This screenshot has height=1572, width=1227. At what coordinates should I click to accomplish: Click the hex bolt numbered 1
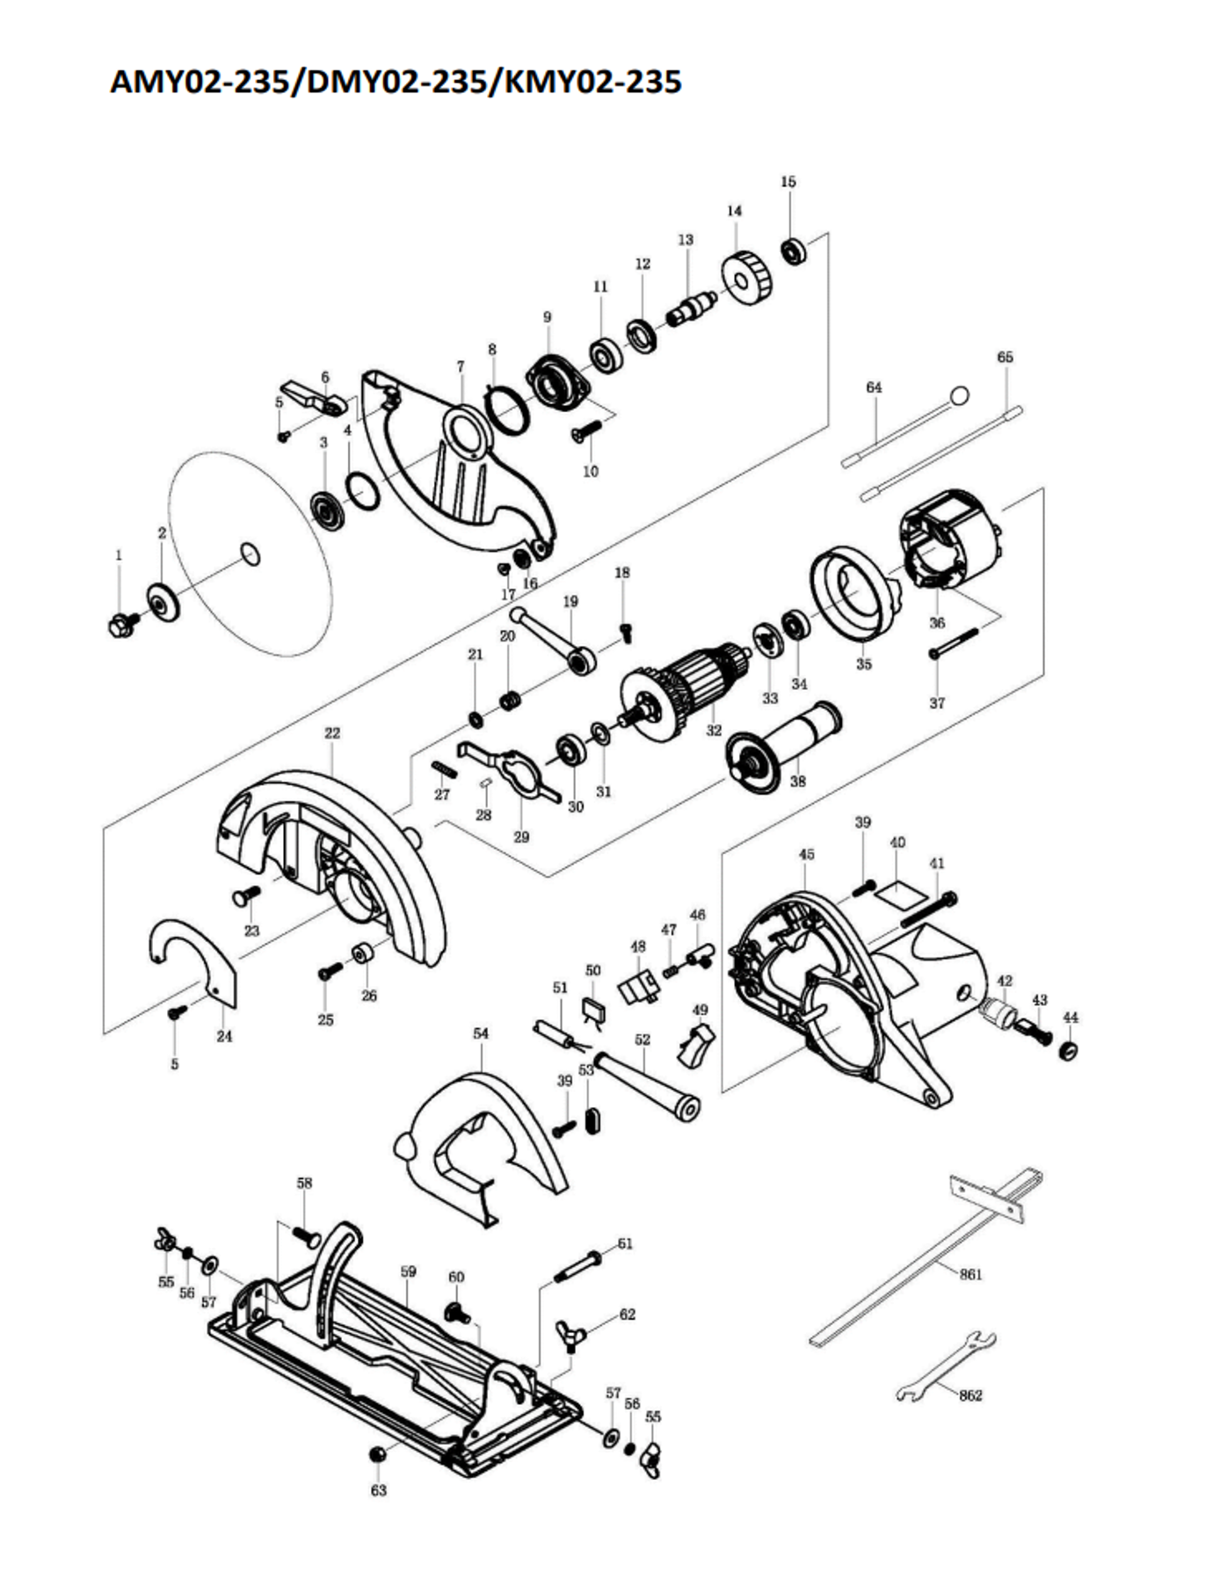120,625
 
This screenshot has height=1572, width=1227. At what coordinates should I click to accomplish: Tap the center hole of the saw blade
250,554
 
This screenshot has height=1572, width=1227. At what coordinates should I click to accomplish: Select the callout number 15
788,182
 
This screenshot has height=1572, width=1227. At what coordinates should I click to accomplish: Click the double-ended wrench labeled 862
945,1367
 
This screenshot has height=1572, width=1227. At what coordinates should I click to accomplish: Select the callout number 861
970,1274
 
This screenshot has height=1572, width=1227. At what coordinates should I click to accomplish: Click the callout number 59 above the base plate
408,1271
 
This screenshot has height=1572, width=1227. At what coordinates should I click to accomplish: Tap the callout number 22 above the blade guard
332,732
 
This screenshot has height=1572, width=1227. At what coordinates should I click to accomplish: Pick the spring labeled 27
445,770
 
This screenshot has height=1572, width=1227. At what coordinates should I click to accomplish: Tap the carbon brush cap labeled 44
1069,1051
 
